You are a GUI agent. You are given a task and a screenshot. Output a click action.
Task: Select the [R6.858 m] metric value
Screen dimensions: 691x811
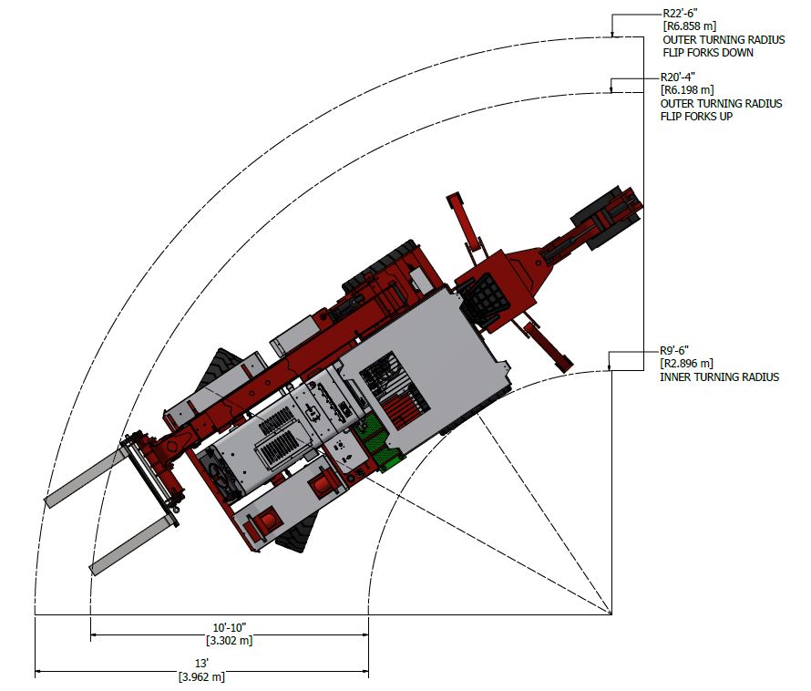(691, 27)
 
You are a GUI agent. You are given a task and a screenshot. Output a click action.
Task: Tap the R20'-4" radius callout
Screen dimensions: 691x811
(680, 77)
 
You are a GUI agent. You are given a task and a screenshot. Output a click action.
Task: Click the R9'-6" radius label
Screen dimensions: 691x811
(676, 350)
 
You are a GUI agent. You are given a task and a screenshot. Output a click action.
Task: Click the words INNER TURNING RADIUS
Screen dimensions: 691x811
(720, 376)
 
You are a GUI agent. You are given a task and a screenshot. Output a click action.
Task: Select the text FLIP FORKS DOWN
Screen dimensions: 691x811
(708, 53)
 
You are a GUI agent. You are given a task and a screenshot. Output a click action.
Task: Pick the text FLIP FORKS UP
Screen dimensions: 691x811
(697, 117)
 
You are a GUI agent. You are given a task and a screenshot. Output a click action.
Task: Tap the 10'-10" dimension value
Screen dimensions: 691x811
(230, 628)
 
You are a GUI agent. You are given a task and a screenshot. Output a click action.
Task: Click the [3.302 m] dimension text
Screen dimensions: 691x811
(230, 641)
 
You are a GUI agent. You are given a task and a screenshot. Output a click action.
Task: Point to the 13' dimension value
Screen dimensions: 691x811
(202, 664)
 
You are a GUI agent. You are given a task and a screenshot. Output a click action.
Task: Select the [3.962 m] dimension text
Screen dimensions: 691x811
(202, 677)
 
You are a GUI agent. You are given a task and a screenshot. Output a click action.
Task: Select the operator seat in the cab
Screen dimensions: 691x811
(480, 298)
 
